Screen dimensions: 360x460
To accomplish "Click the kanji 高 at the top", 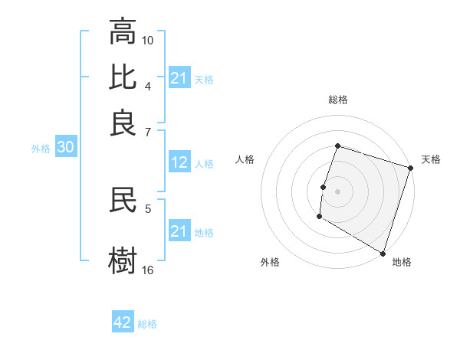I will pyautogui.click(x=123, y=32).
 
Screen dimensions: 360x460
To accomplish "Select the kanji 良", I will pyautogui.click(x=123, y=123).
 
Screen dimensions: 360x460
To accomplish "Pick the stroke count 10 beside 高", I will pyautogui.click(x=148, y=39).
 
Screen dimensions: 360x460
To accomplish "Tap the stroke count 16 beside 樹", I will pyautogui.click(x=148, y=270).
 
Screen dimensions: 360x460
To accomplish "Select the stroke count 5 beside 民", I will pyautogui.click(x=148, y=208).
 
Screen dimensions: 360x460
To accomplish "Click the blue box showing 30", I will pyautogui.click(x=64, y=148).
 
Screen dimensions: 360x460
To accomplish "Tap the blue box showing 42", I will pyautogui.click(x=123, y=322).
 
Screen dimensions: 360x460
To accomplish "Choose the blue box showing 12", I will pyautogui.click(x=179, y=162).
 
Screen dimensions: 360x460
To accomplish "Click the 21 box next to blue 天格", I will pyautogui.click(x=179, y=78).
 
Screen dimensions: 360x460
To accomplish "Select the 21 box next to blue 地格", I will pyautogui.click(x=179, y=231).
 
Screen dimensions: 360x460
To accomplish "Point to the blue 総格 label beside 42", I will pyautogui.click(x=147, y=324).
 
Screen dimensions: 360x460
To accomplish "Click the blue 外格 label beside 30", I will pyautogui.click(x=41, y=149).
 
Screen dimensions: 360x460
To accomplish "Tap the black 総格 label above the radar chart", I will pyautogui.click(x=338, y=100).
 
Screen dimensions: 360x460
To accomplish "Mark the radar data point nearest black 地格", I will pyautogui.click(x=383, y=252).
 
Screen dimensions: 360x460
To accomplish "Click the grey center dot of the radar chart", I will pyautogui.click(x=337, y=191).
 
